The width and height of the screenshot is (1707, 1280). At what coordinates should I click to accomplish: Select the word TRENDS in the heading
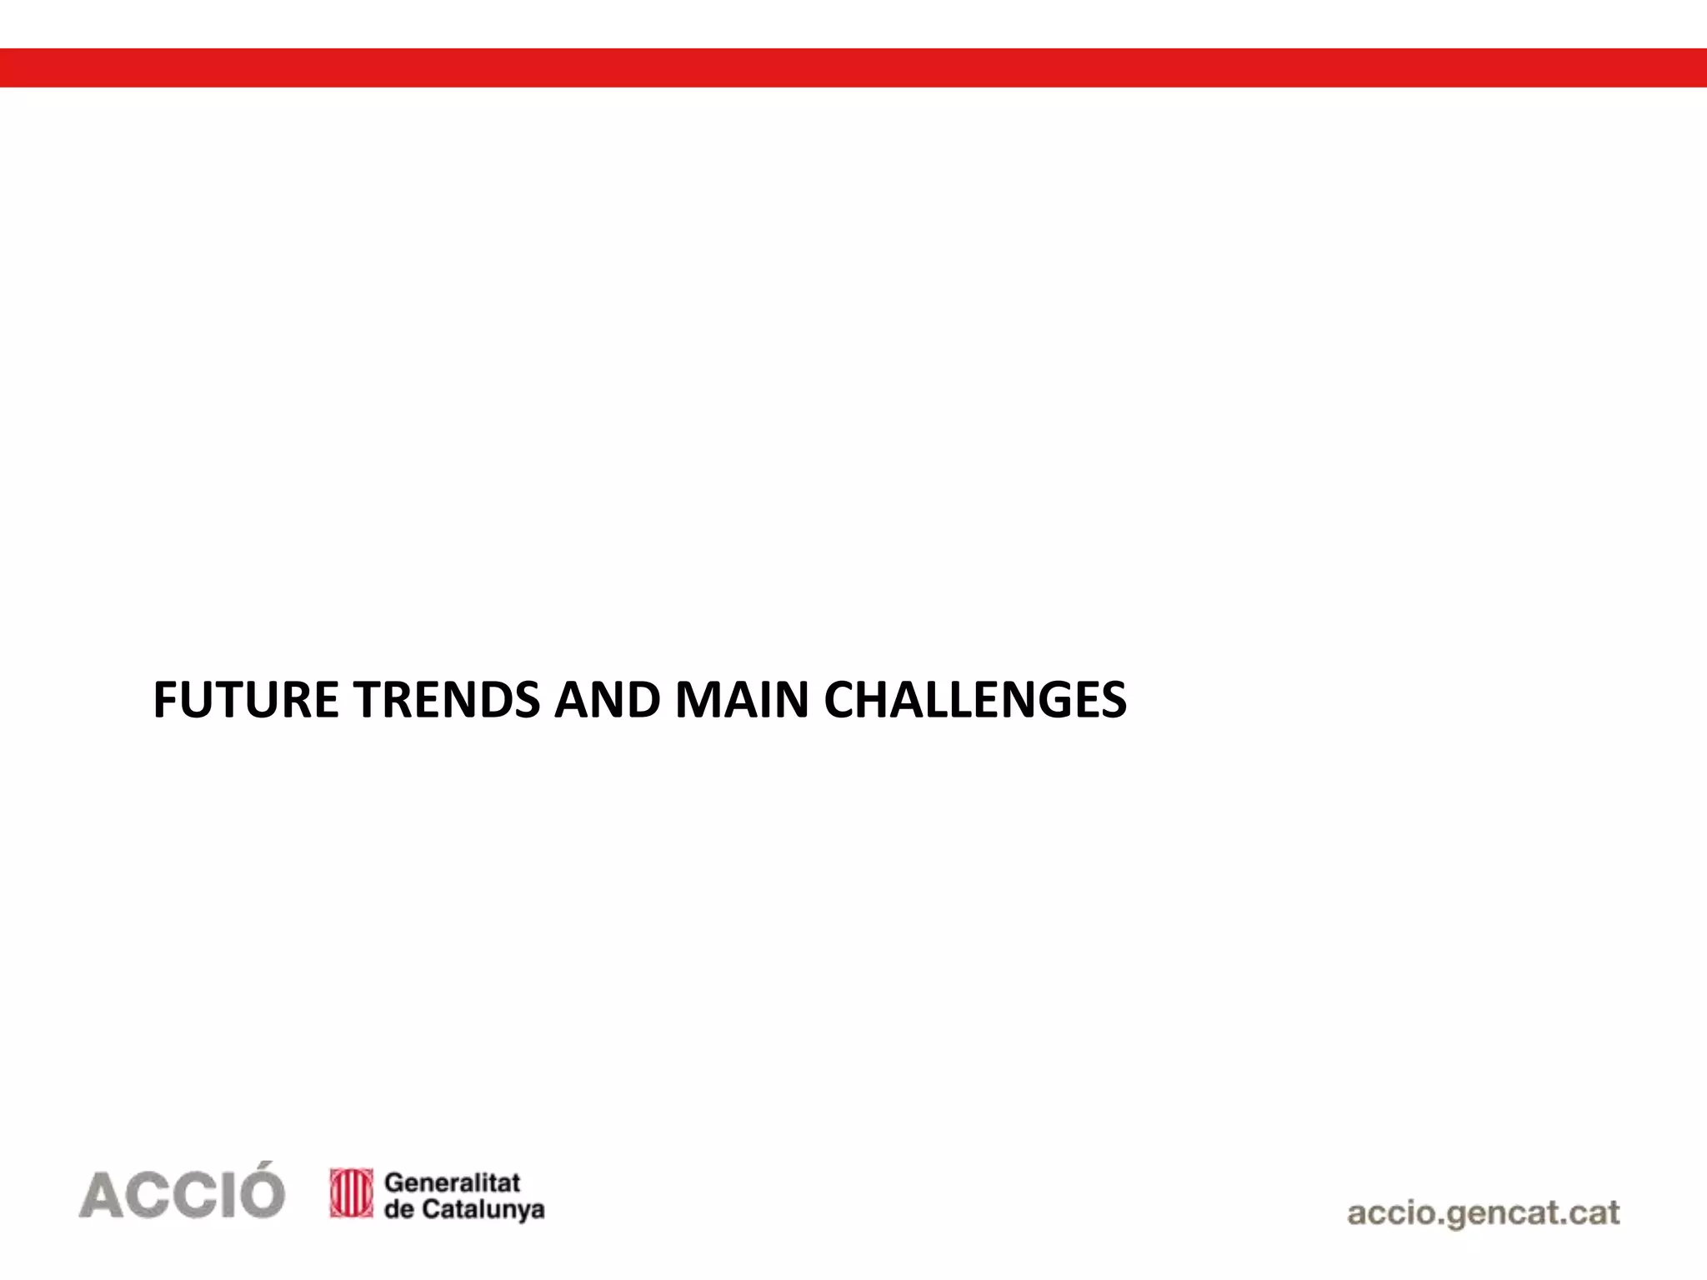click(447, 700)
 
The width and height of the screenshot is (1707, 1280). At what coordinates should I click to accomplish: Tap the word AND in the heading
click(608, 700)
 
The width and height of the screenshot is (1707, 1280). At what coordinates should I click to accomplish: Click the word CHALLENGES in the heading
click(975, 700)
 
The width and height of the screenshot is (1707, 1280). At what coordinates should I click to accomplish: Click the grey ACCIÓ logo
click(182, 1192)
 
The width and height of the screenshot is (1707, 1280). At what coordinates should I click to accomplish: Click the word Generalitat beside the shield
click(453, 1182)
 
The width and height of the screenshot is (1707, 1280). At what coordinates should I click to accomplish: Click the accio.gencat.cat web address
click(1483, 1213)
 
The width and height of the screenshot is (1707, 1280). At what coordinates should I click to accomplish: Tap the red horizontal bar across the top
click(853, 67)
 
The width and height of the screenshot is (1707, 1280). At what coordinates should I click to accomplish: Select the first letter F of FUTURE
click(165, 700)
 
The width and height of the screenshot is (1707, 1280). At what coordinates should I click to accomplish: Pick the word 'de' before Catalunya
click(398, 1209)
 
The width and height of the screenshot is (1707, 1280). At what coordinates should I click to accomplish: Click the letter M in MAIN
click(696, 700)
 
